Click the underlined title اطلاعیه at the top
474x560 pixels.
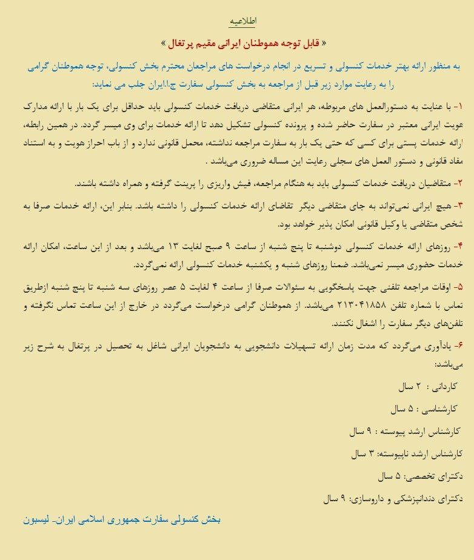tap(242, 21)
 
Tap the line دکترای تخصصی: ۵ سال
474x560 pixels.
tap(418, 476)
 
